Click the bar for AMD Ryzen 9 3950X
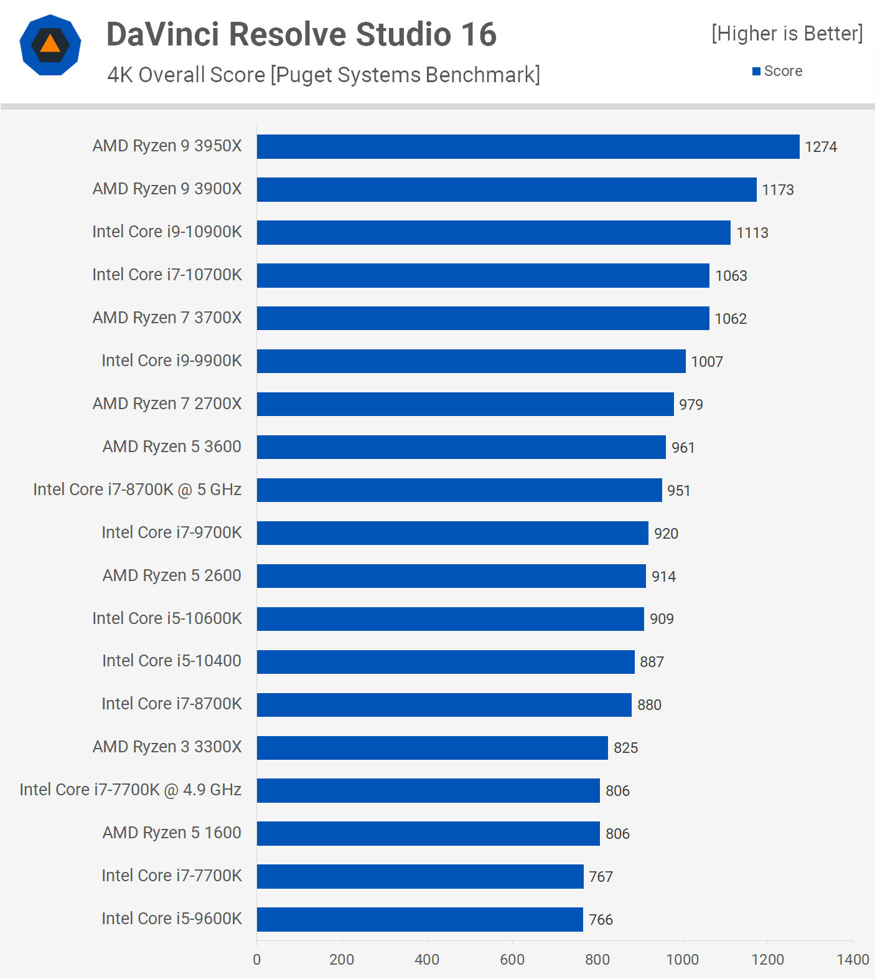click(528, 146)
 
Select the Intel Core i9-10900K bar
click(494, 232)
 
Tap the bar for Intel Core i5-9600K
click(420, 919)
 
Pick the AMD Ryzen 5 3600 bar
click(461, 447)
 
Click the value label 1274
click(820, 147)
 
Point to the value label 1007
click(706, 362)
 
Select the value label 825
click(625, 748)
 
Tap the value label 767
click(601, 877)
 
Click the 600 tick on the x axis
click(512, 959)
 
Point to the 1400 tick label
click(852, 959)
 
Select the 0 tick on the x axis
click(257, 959)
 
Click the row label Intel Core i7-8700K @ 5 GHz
click(137, 489)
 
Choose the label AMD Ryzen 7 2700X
click(167, 404)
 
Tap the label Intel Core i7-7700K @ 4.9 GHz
click(130, 790)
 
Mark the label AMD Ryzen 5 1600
click(172, 833)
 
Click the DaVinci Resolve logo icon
click(50, 45)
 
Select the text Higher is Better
click(787, 33)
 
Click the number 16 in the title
click(479, 34)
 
